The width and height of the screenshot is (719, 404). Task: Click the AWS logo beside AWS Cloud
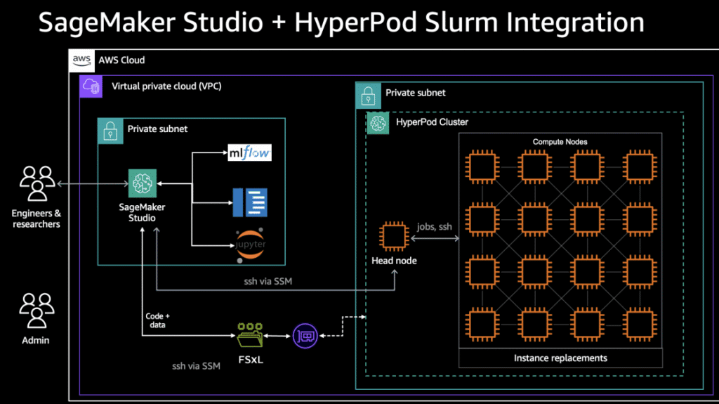(81, 60)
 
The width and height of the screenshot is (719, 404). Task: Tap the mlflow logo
(250, 151)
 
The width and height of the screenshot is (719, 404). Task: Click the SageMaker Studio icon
(142, 183)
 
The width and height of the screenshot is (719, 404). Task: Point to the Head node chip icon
(395, 237)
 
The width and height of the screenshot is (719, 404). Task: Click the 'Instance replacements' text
(560, 358)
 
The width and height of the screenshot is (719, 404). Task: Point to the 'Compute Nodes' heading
(560, 141)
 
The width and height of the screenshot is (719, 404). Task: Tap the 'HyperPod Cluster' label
(432, 122)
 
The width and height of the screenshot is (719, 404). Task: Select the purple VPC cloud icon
(91, 86)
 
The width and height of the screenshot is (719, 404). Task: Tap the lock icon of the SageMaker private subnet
(109, 129)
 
